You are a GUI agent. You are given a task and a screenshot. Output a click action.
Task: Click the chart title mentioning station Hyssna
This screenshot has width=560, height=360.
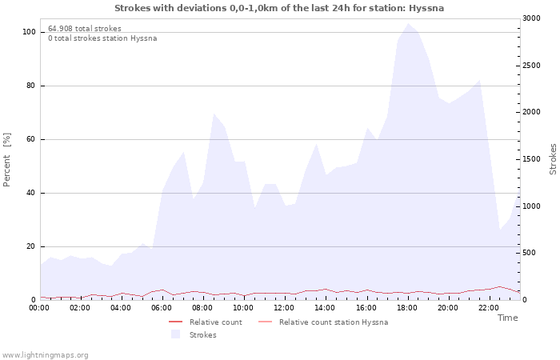pos(279,8)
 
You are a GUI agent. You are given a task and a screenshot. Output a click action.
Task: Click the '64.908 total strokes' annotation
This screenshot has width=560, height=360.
pos(85,29)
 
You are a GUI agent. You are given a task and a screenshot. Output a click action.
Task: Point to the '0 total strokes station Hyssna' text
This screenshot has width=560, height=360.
pos(102,38)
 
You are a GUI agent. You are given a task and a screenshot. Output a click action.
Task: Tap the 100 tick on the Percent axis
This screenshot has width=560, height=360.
pos(29,32)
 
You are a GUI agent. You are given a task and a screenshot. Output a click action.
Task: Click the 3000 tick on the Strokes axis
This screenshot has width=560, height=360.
pos(531,18)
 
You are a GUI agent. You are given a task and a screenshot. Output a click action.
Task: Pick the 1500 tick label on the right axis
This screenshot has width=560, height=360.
pos(531,159)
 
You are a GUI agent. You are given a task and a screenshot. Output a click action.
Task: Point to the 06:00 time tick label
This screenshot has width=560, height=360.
pos(162,308)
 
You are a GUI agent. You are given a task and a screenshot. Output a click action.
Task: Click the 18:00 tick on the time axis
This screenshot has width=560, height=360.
pos(406,308)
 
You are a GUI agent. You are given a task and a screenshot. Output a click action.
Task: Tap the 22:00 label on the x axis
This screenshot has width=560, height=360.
pos(489,308)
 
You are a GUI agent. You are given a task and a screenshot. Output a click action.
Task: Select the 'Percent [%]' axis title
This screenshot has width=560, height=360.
pos(6,160)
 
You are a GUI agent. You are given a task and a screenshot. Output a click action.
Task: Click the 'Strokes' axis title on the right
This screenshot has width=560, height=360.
pos(553,159)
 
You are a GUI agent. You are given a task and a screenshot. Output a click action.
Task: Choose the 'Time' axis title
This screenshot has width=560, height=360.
pos(507,318)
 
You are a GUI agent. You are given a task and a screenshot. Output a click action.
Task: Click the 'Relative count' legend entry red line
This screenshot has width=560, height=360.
pos(175,322)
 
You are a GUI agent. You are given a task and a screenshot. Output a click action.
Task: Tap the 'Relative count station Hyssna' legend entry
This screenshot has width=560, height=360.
pos(323,322)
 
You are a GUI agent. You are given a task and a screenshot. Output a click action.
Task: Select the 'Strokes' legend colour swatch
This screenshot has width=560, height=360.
pos(175,334)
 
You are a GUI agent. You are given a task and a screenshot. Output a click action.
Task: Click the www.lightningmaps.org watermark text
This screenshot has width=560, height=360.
pos(45,355)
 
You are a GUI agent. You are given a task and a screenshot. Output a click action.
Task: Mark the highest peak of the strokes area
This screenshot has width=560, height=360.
pos(408,23)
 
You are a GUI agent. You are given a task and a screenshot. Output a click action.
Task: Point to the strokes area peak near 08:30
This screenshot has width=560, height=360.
pos(214,114)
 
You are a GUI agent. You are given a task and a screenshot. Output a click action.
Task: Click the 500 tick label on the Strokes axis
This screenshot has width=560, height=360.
pos(530,253)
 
